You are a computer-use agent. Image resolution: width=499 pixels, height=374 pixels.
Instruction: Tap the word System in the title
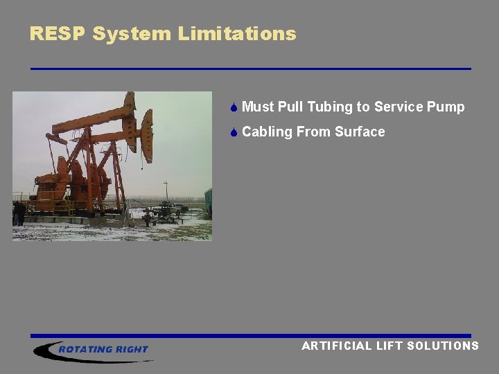[132, 33]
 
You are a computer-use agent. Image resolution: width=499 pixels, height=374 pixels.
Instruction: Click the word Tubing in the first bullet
[330, 107]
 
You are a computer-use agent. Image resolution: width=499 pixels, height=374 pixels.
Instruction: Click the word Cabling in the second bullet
[268, 132]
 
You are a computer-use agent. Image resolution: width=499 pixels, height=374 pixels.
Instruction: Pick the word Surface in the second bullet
[360, 132]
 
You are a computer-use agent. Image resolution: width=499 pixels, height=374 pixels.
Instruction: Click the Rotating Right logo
[94, 350]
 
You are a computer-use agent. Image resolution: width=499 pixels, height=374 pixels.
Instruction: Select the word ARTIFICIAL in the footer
[336, 346]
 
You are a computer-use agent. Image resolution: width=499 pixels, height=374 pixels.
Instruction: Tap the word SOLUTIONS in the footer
[443, 346]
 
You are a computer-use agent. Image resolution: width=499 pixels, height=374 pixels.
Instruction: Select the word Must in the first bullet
[259, 107]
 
